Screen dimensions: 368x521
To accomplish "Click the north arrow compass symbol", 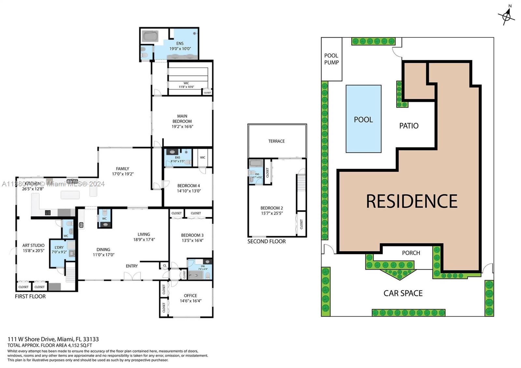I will (506, 15).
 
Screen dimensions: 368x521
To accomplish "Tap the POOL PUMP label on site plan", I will (331, 59).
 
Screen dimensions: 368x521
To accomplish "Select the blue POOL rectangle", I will (363, 119).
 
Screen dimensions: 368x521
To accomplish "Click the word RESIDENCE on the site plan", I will (412, 201).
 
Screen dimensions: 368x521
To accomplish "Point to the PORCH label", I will (411, 253).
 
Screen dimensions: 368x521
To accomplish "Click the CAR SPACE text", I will (403, 293).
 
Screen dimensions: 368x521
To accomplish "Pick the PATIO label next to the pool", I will (409, 126).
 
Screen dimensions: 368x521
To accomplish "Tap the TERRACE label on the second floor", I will (276, 141).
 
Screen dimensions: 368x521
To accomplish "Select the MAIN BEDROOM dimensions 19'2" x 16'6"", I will (182, 126).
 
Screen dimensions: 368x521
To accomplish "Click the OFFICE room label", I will (190, 296).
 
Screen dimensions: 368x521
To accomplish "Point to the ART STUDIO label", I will (33, 245).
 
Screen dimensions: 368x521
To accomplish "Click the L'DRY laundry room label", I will (59, 248).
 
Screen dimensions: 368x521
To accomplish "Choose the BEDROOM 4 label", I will (189, 186).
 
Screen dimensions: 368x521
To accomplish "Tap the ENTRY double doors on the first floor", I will (132, 276).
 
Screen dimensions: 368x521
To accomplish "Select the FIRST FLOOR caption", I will (30, 296).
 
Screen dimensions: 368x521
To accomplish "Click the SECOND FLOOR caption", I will (266, 241).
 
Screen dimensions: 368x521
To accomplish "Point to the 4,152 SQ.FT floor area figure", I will (80, 345).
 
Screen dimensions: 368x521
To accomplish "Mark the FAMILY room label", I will (122, 169).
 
